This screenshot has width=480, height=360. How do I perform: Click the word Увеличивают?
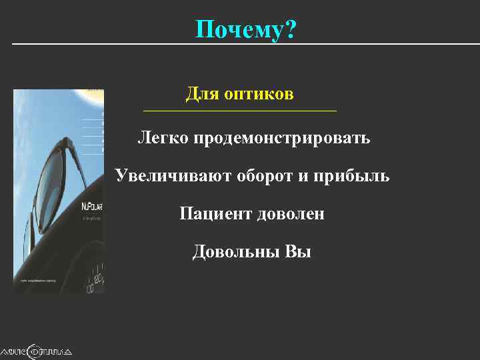[171, 176]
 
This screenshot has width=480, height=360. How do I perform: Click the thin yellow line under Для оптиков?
[240, 110]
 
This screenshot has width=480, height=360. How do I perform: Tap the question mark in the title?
[291, 29]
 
